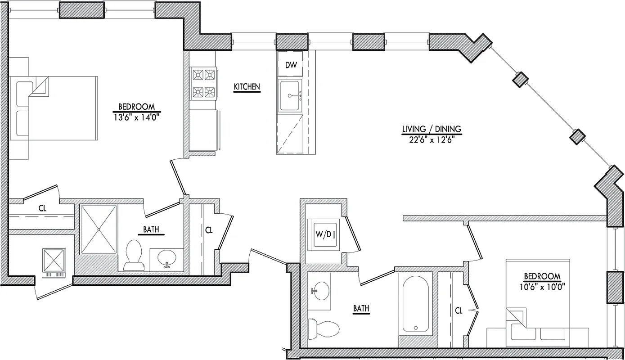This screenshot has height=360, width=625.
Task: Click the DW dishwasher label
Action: coord(291,65)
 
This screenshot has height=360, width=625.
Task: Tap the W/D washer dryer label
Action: coord(323,234)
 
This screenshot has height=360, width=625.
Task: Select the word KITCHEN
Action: coord(247,87)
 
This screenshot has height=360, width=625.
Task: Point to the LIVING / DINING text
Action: coord(432,130)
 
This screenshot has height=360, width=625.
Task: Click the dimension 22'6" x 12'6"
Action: coord(432,139)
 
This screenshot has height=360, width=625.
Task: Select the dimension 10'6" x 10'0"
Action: coord(542,285)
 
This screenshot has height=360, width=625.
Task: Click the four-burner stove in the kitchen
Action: coord(203,83)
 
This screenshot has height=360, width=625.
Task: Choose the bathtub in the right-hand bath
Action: coord(415,305)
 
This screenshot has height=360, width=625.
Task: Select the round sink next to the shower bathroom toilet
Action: coord(167,258)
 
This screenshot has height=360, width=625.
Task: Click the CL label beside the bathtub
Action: coord(459,310)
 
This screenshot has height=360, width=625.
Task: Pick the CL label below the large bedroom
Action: coord(42,208)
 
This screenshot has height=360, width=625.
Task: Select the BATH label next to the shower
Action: coord(151,229)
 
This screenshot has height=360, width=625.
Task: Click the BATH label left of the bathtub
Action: coord(361,309)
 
